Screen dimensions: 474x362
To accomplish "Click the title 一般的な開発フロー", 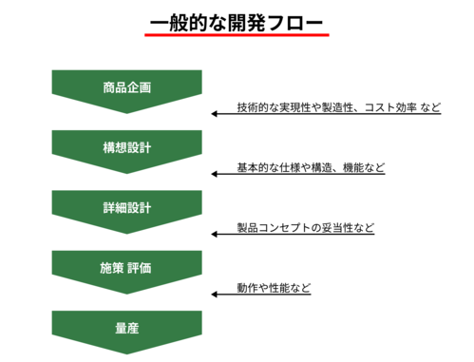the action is coord(237,20).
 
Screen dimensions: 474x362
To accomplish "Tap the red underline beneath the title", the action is coord(237,36).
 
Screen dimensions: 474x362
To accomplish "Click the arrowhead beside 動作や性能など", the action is coord(215,295).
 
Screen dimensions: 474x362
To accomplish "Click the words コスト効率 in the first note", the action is coord(389,107).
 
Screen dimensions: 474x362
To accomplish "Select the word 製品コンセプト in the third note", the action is coord(280,227).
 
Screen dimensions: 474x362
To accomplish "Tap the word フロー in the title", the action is coord(296,20).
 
